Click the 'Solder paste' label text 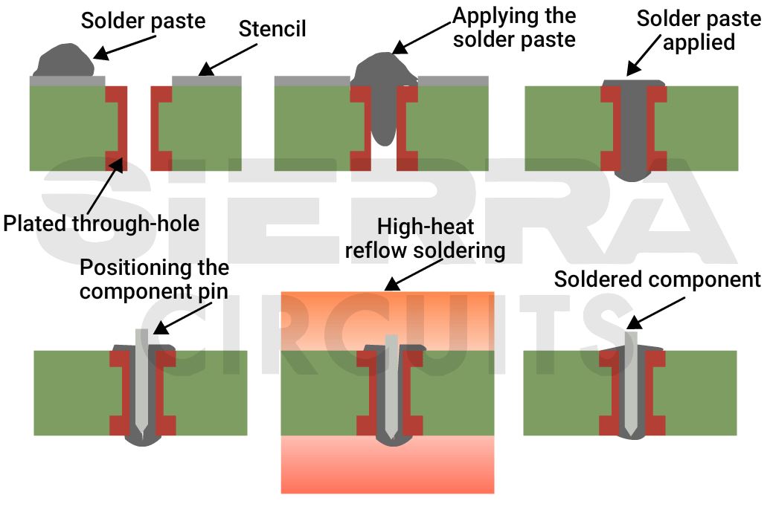pyautogui.click(x=143, y=20)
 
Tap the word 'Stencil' pyautogui.click(x=272, y=30)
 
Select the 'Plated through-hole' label pyautogui.click(x=101, y=223)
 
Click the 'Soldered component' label pyautogui.click(x=658, y=279)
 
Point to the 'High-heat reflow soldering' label pyautogui.click(x=425, y=238)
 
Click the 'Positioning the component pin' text pyautogui.click(x=154, y=279)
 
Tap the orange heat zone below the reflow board pyautogui.click(x=387, y=464)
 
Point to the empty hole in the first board pyautogui.click(x=139, y=126)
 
